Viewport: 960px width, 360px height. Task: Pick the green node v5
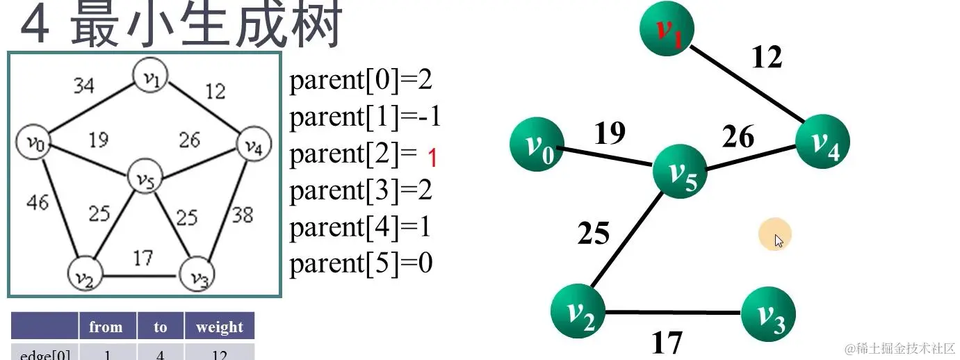[x=680, y=170]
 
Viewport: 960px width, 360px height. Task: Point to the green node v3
[x=768, y=316]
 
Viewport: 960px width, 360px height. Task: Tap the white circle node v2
[x=84, y=277]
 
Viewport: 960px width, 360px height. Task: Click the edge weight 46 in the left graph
[x=38, y=202]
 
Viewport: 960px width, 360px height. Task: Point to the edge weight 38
[x=242, y=215]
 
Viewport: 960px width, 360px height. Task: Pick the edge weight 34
[x=84, y=86]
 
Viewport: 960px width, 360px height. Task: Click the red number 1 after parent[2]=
[x=432, y=158]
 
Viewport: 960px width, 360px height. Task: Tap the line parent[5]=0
[x=361, y=264]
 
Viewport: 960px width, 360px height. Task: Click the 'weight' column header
[x=220, y=327]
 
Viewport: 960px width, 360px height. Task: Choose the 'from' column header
[x=106, y=327]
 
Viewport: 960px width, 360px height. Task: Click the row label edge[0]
[x=44, y=353]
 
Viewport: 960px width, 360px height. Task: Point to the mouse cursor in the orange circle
[x=778, y=240]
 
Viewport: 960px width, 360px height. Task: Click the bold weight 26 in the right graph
[x=738, y=137]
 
